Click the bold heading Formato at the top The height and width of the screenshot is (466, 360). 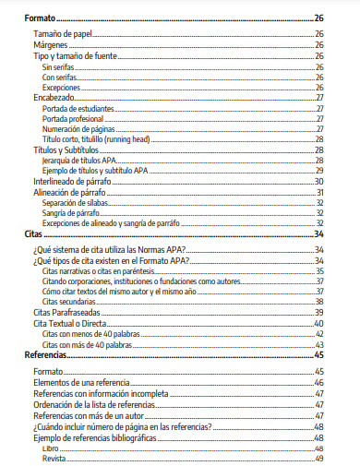pos(40,18)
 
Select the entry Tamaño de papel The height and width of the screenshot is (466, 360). pos(62,33)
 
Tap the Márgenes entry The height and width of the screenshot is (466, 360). pos(50,44)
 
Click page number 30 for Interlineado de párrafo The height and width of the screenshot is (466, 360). pos(318,182)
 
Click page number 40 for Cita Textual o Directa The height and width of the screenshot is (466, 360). pos(318,324)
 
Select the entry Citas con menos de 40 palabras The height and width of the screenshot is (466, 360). pos(88,334)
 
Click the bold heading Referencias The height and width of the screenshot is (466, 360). pos(45,354)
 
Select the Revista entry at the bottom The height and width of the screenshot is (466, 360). pos(54,458)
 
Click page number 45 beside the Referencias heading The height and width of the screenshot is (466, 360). pos(318,354)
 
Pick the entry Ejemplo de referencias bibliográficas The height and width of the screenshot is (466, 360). pos(102,437)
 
